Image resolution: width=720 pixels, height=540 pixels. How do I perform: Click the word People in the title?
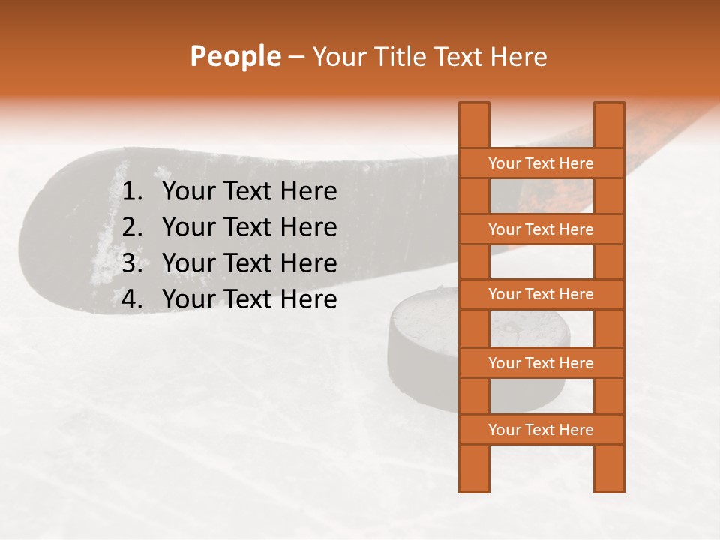tap(235, 56)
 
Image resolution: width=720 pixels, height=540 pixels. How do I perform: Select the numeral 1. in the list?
tap(132, 192)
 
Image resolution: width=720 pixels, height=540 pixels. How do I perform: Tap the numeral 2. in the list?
tap(132, 227)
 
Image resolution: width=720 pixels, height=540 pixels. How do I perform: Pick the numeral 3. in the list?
tap(132, 263)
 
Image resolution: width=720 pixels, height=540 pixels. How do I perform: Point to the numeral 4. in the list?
tap(132, 299)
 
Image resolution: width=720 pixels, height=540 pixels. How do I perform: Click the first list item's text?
tap(249, 192)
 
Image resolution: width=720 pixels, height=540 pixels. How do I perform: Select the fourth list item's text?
tap(249, 299)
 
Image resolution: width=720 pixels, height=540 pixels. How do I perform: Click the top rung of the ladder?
tap(541, 163)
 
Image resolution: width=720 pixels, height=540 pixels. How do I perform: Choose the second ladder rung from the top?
tap(541, 229)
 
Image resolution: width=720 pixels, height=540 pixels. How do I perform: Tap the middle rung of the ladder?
tap(541, 294)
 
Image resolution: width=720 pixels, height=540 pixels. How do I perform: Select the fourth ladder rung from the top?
tap(541, 363)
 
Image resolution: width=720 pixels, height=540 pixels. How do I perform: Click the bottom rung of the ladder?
tap(541, 430)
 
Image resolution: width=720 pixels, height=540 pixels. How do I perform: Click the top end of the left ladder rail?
tap(474, 109)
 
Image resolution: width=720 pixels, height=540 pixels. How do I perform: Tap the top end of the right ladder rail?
tap(609, 109)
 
